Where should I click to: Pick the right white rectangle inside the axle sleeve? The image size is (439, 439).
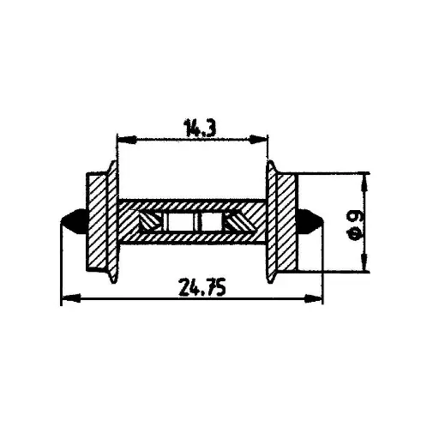click(x=210, y=222)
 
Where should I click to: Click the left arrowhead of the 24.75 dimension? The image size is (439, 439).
click(x=65, y=299)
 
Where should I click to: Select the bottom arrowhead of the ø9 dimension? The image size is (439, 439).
click(x=367, y=266)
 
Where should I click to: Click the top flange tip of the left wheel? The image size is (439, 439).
click(x=112, y=163)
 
